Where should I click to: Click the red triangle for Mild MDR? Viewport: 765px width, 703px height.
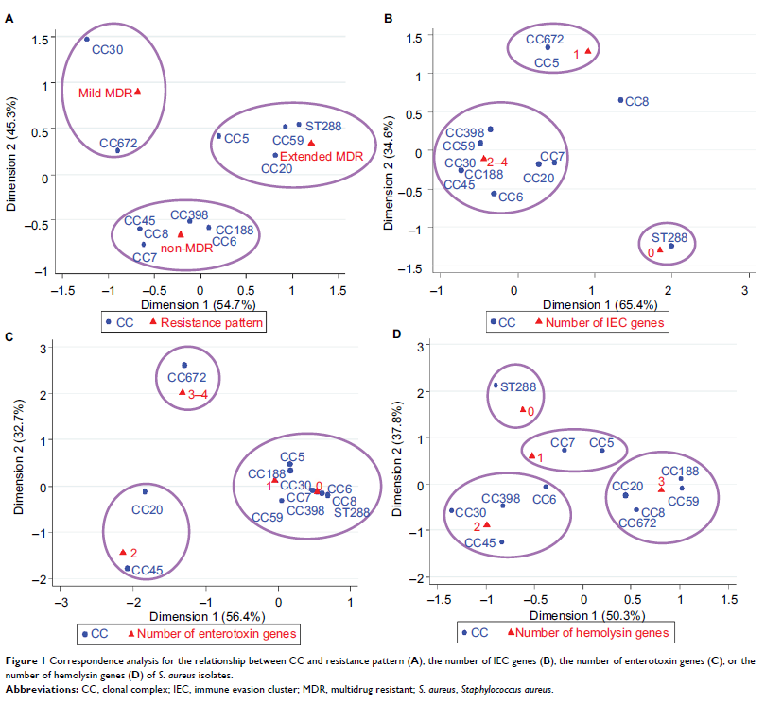pos(138,92)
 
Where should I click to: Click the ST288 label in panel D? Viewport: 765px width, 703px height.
pos(520,387)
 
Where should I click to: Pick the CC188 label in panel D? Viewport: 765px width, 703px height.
pos(680,471)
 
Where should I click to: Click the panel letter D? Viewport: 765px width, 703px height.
pos(397,335)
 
